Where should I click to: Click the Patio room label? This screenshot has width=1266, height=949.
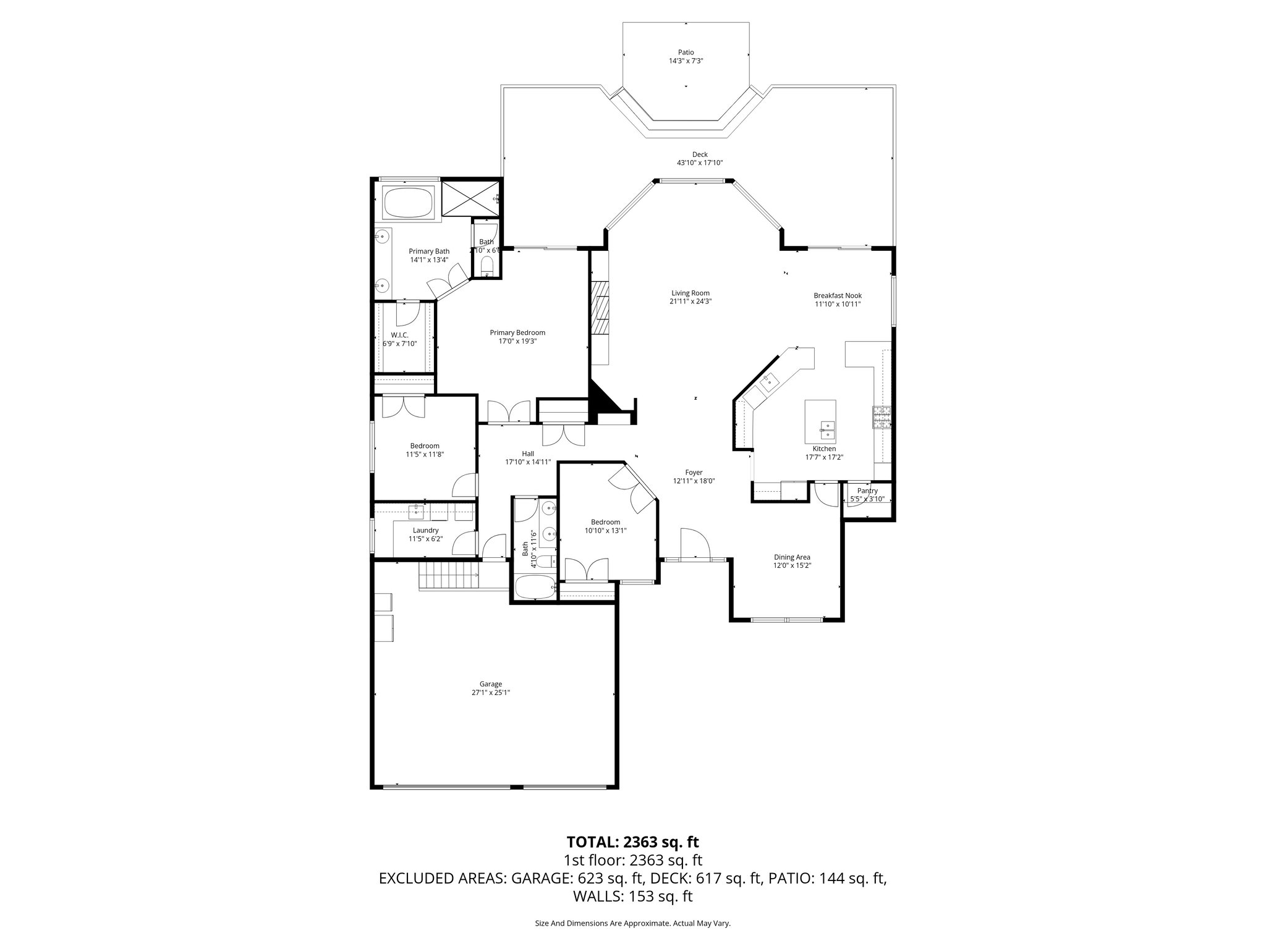tap(686, 53)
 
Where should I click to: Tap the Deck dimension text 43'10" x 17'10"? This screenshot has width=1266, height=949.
tap(700, 163)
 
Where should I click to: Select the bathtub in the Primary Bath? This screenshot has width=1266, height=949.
tap(409, 203)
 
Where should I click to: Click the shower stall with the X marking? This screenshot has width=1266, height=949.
tap(470, 198)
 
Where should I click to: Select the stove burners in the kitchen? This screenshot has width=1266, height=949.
tap(882, 418)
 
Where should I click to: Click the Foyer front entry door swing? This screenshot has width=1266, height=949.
tap(694, 544)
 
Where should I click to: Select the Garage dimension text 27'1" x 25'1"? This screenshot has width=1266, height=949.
tap(491, 693)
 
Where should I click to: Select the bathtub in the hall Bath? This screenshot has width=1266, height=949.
tap(535, 588)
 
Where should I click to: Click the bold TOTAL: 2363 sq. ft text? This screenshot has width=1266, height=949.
tap(632, 841)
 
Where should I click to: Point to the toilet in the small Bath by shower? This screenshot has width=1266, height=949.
tap(486, 266)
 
